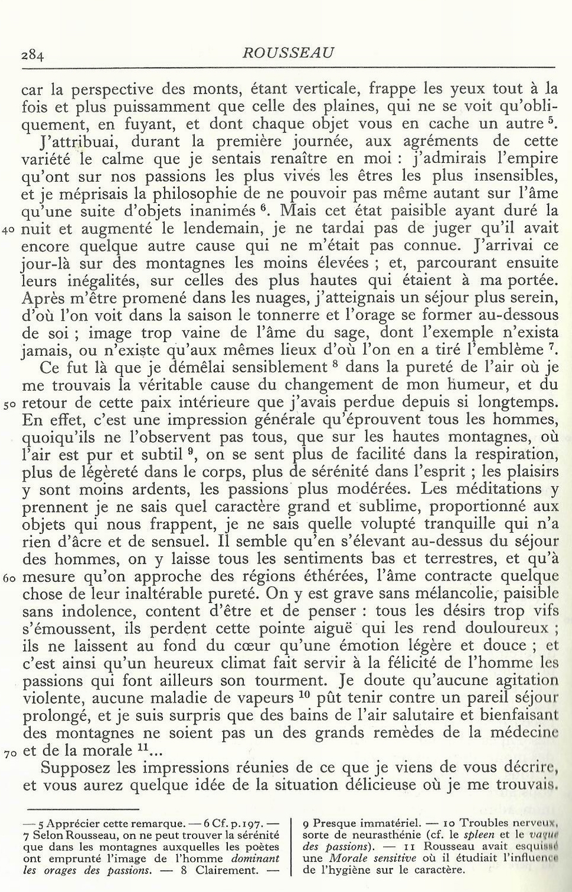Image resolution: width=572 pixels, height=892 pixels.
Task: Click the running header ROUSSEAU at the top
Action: pyautogui.click(x=288, y=53)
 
